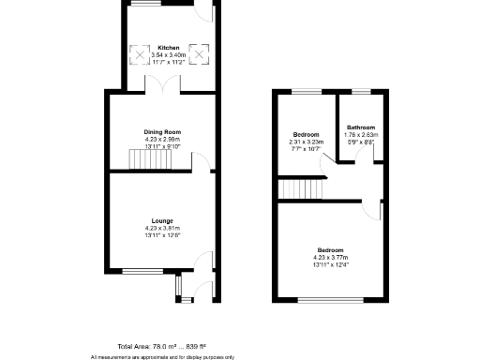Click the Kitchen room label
pyautogui.click(x=169, y=48)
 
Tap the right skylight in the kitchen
pyautogui.click(x=198, y=53)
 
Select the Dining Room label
pyautogui.click(x=161, y=132)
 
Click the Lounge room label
pyautogui.click(x=161, y=220)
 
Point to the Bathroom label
pyautogui.click(x=361, y=127)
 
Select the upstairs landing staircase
pyautogui.click(x=300, y=190)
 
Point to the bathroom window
pyautogui.click(x=361, y=91)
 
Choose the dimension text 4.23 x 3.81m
pyautogui.click(x=161, y=228)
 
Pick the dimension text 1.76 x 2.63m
pyautogui.click(x=361, y=134)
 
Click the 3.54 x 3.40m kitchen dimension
pyautogui.click(x=169, y=55)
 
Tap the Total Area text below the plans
pyautogui.click(x=161, y=346)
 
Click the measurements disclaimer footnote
pyautogui.click(x=161, y=356)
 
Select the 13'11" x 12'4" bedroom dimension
pyautogui.click(x=330, y=263)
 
